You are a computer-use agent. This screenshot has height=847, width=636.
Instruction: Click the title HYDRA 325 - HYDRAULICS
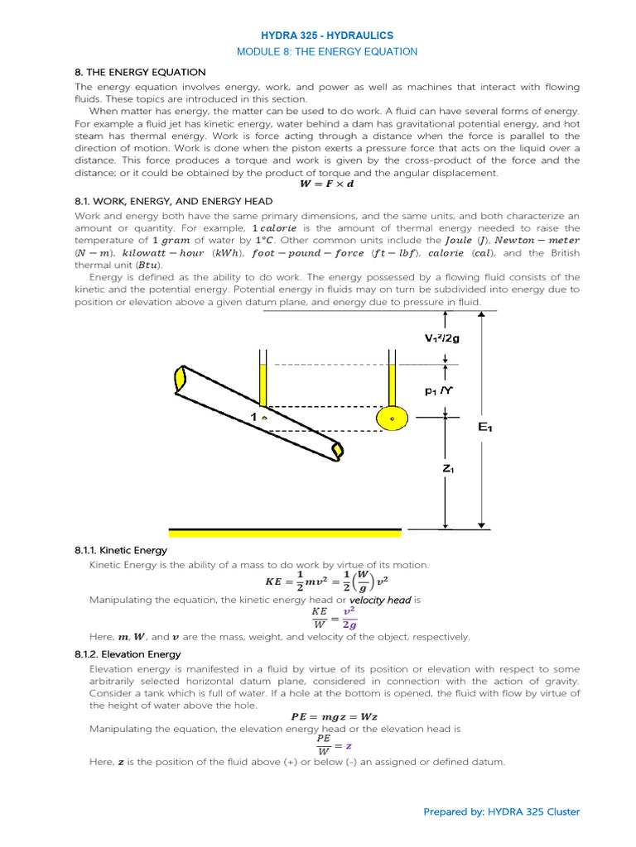[x=327, y=36]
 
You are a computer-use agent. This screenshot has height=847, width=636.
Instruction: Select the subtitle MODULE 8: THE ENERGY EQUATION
[x=327, y=51]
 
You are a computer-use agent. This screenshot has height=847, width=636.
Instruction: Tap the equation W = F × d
[x=326, y=184]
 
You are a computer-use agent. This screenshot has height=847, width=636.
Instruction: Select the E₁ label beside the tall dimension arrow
[x=486, y=427]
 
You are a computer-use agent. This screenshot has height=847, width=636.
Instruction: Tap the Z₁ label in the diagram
[x=448, y=469]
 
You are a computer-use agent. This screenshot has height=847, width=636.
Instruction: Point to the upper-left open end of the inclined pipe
[x=180, y=380]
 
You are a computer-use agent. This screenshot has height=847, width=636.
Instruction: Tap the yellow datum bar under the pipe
[x=285, y=532]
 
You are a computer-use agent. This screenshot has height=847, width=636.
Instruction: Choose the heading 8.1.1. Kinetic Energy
[x=121, y=550]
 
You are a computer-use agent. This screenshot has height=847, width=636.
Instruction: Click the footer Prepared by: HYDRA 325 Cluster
[x=502, y=811]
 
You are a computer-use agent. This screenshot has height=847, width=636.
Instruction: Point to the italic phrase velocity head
[x=380, y=600]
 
